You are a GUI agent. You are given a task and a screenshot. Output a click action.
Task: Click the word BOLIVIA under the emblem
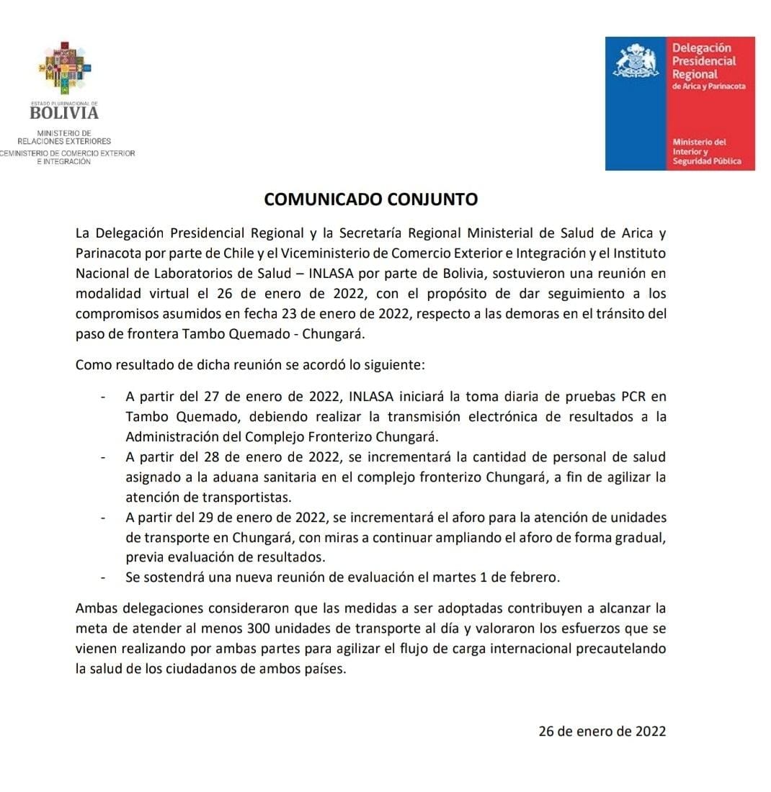pos(64,112)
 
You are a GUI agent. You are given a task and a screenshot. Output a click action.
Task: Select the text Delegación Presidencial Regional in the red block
pos(704,61)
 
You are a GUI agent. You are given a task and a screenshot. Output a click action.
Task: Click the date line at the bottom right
pos(602,732)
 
